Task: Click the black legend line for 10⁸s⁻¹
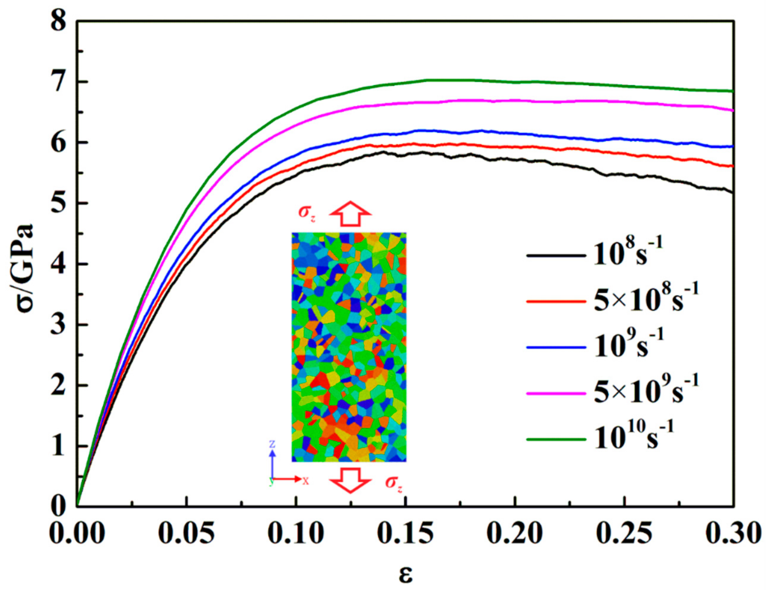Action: pyautogui.click(x=556, y=255)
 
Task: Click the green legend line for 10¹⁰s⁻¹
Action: pyautogui.click(x=556, y=439)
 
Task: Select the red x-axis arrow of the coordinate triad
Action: pyautogui.click(x=288, y=479)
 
